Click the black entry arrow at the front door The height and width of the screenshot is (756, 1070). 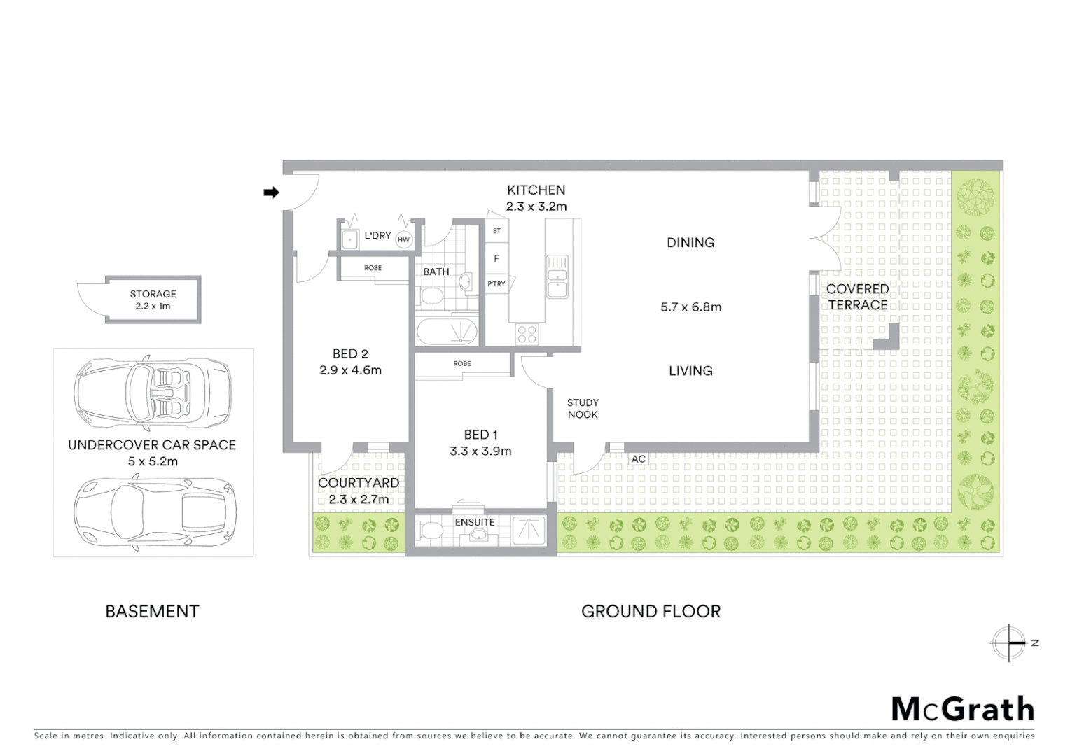pos(271,192)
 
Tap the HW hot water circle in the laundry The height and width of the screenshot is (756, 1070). pos(403,239)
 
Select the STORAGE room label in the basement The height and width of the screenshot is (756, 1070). pos(153,294)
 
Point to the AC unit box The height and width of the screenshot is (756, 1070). pos(638,459)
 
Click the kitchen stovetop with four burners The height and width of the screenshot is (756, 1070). pos(527,334)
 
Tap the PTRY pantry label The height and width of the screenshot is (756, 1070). pos(496,284)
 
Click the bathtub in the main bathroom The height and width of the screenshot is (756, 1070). pos(447,331)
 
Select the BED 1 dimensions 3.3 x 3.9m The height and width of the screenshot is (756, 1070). pos(480,451)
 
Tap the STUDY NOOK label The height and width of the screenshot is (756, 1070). pos(583,409)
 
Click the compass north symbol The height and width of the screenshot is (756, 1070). pos(1009,643)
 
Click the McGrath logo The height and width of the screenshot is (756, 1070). pos(962,709)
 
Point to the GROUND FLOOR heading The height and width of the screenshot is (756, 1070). pos(651,611)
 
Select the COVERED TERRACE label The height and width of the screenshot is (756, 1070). pos(857,297)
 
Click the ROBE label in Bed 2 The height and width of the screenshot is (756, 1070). pos(373,268)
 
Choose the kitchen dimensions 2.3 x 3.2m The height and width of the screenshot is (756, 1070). pos(536,206)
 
